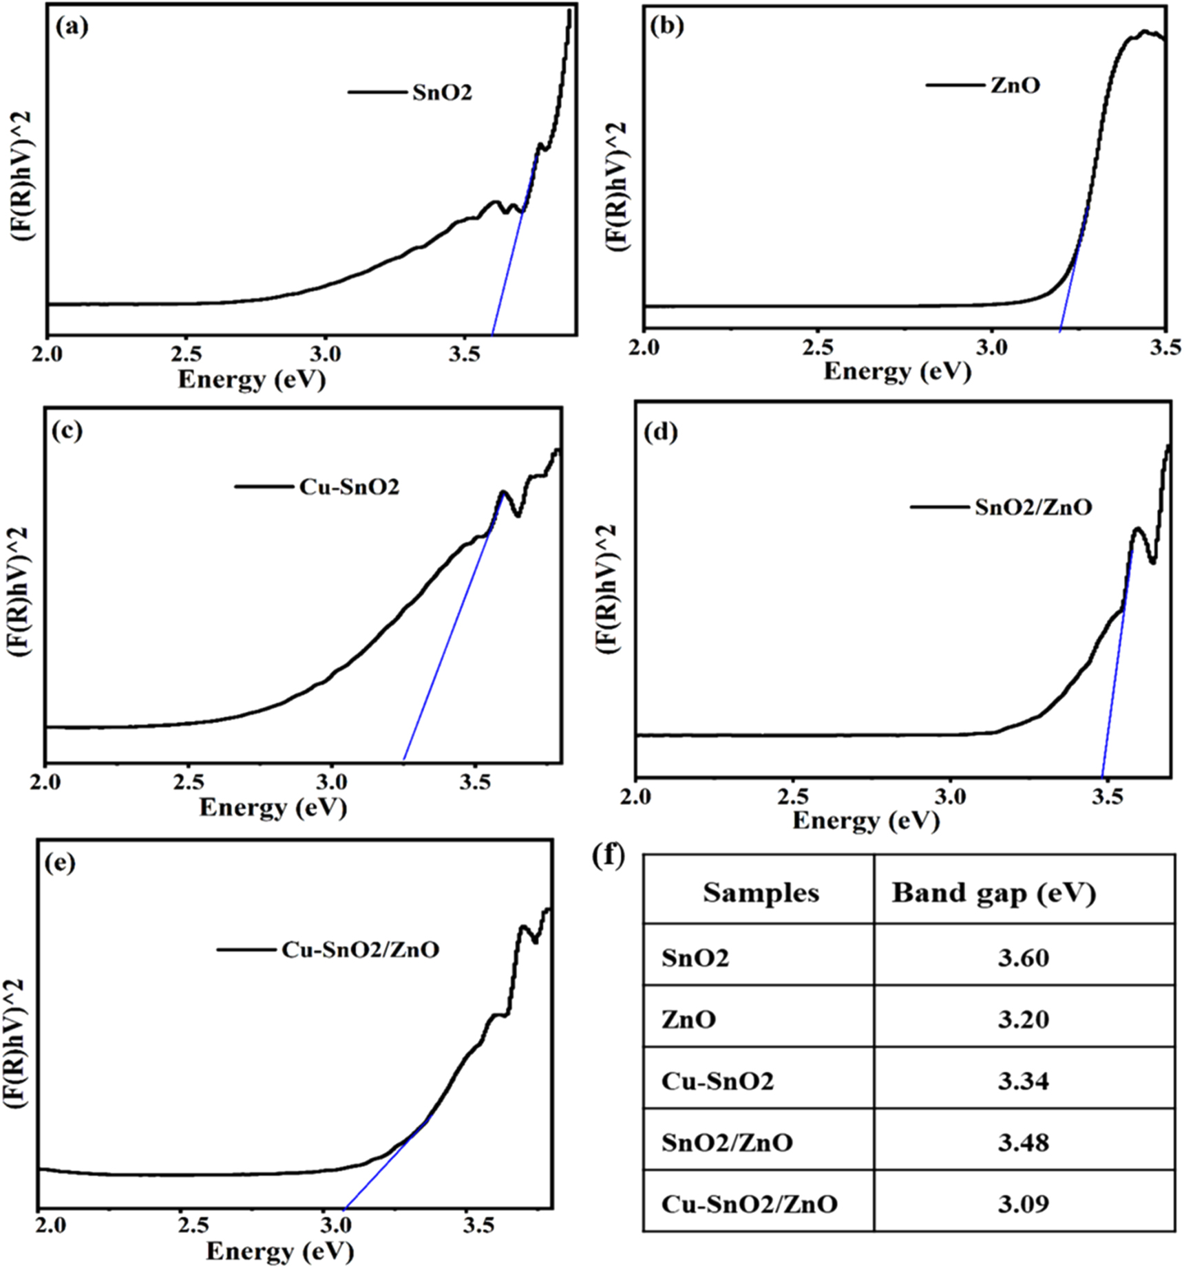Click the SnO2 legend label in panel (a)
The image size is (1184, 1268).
coord(442,92)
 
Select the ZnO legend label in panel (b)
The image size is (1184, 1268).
coord(1015,86)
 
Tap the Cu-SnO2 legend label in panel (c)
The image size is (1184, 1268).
coord(349,487)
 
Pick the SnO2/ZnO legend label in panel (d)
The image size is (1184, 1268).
coord(1033,508)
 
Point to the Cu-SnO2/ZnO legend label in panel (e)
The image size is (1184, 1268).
coord(360,950)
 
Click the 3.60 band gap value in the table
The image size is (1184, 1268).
coord(1024,958)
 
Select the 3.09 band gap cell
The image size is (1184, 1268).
coord(1024,1203)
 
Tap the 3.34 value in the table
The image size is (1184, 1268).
coord(1024,1081)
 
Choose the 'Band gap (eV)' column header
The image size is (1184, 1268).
coord(993,893)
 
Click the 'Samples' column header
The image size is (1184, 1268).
coord(761,893)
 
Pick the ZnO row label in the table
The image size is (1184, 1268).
coord(688,1019)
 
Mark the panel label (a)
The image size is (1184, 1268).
coord(72,28)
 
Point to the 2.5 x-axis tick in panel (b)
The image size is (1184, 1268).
coord(817,347)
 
